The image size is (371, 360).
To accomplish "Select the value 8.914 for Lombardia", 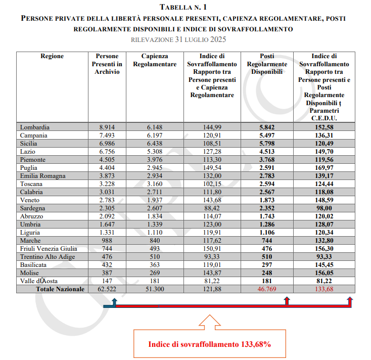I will [x=107, y=127].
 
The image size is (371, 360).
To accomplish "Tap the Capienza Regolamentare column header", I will [x=155, y=60].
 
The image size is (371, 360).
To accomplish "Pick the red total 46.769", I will [x=267, y=289].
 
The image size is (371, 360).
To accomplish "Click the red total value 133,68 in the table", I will [x=324, y=289].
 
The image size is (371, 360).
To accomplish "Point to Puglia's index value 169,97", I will [x=324, y=168].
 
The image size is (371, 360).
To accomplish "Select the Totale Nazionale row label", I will [x=60, y=289].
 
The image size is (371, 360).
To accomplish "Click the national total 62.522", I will [x=107, y=289].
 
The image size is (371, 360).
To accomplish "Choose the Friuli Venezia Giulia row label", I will [x=49, y=249].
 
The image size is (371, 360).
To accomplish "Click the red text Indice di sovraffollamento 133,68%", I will [x=210, y=344].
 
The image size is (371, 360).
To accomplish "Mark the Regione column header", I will [x=52, y=56].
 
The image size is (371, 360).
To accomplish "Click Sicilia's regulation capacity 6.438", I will [x=155, y=144].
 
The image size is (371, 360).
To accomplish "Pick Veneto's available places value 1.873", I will [x=267, y=200].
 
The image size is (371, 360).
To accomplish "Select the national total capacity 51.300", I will [x=155, y=289].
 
